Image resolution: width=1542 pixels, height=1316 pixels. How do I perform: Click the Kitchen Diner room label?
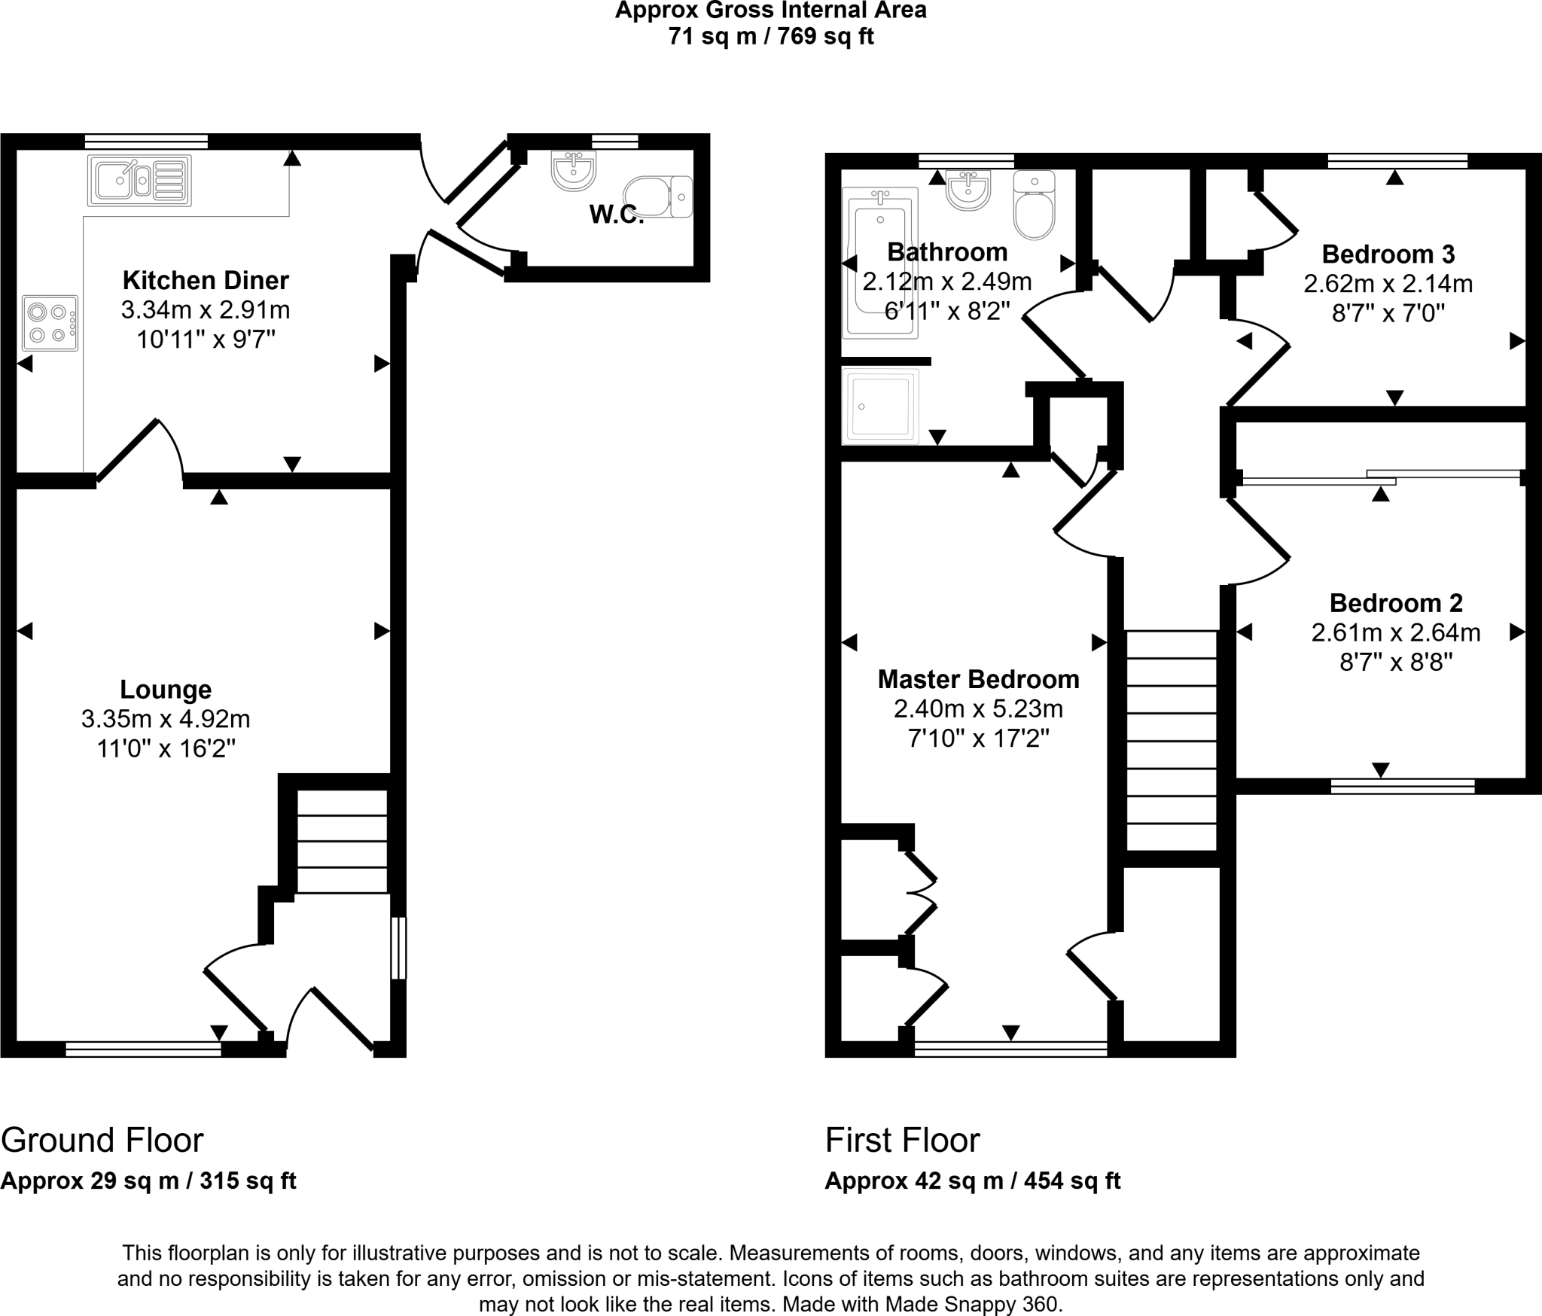tap(206, 281)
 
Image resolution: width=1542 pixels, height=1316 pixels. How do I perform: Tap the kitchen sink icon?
tap(139, 181)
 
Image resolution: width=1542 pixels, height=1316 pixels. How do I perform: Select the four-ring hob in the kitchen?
tap(50, 323)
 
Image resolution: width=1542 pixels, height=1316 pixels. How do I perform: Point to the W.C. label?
tap(616, 215)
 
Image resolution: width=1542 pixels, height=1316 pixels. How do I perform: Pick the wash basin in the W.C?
tap(574, 170)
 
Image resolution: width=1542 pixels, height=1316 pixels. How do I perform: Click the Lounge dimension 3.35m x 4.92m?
tap(166, 720)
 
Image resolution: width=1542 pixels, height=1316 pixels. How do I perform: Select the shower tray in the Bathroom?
tap(880, 405)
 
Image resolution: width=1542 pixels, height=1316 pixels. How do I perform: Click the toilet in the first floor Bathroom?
tap(1035, 205)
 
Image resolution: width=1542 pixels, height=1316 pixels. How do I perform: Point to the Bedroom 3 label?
tap(1388, 254)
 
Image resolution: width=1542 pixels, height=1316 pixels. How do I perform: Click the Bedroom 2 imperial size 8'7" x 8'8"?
tap(1396, 663)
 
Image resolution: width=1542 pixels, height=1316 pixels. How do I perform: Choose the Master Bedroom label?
tap(978, 680)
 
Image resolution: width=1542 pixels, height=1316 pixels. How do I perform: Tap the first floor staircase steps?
tap(1171, 741)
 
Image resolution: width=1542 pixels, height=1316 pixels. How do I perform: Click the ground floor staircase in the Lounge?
tap(343, 841)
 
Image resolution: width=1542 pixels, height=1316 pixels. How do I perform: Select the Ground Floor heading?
tap(102, 1141)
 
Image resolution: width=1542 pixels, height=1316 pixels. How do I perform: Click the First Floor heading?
tap(902, 1141)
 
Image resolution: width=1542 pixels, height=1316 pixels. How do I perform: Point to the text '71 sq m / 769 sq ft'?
tap(770, 36)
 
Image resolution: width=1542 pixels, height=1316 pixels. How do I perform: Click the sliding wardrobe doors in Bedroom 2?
tap(1381, 477)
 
